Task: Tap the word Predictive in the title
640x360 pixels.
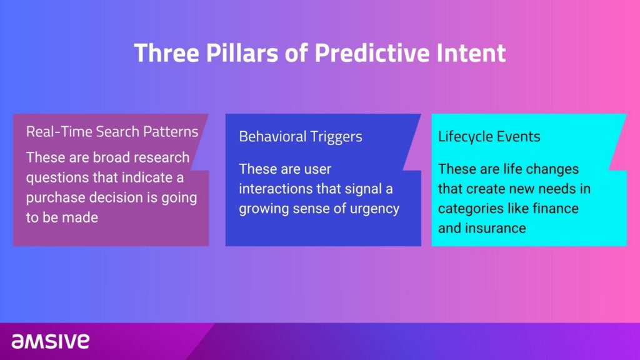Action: coord(372,53)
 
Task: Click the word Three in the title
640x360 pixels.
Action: coord(166,53)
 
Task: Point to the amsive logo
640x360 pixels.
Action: coord(50,341)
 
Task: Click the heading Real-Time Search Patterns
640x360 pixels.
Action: coord(112,132)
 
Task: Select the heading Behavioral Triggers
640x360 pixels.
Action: coord(301,137)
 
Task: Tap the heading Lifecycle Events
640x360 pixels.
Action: coord(489,137)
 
